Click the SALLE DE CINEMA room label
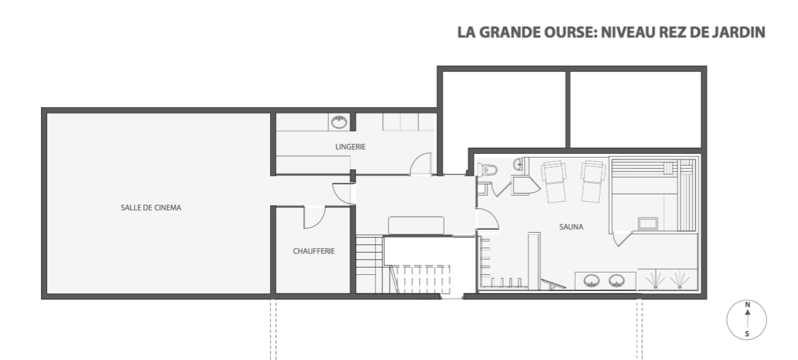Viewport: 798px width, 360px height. click(x=151, y=207)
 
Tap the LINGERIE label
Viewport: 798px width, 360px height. click(x=350, y=146)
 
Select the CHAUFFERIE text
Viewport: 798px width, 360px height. click(x=314, y=251)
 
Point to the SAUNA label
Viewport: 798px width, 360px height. click(x=571, y=227)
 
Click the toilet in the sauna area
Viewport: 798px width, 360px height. click(x=487, y=170)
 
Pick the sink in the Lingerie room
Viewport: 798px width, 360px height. click(x=339, y=122)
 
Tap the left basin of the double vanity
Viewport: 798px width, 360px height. click(x=591, y=281)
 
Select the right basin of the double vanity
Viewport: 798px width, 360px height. click(x=616, y=281)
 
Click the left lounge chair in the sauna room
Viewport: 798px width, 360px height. click(x=554, y=182)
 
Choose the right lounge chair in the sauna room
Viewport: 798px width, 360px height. click(x=593, y=182)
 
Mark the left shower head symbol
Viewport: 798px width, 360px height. click(x=655, y=279)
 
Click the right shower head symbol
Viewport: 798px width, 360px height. click(x=679, y=279)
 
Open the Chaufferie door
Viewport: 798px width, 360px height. click(x=314, y=217)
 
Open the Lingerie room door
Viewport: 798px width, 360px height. click(x=420, y=164)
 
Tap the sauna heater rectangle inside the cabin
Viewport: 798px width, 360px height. click(x=648, y=223)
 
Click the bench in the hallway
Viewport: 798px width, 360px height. click(x=416, y=225)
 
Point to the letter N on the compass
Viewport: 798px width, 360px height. click(x=748, y=305)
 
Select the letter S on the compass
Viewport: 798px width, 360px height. click(x=747, y=334)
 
